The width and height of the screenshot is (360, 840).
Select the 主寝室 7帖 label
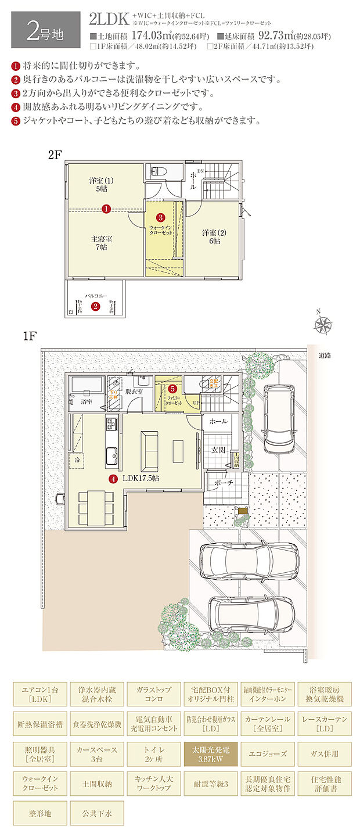pos(102,243)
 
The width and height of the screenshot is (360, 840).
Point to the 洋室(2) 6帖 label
pos(211,236)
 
